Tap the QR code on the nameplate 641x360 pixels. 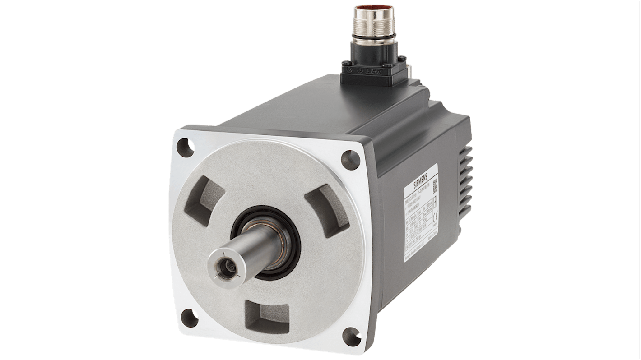435,185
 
